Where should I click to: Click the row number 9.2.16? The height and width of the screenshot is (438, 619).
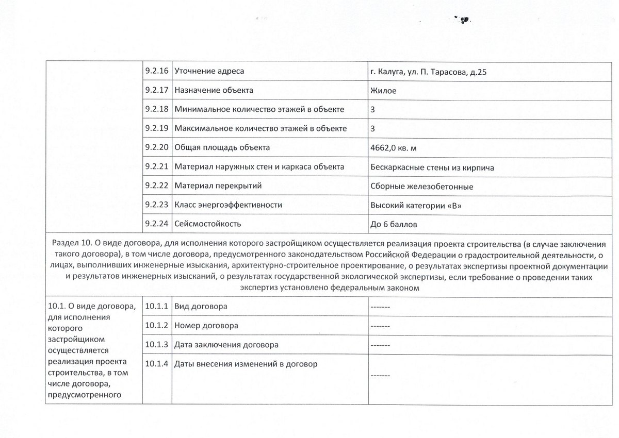pos(157,71)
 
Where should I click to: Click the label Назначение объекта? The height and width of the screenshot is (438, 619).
pos(214,90)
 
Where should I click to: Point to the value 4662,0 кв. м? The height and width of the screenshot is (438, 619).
pos(394,148)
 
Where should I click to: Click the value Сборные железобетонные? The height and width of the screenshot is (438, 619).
pos(421,186)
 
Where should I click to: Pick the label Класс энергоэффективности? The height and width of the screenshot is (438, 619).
pos(229,205)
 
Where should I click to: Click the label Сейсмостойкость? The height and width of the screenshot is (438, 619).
pos(208,224)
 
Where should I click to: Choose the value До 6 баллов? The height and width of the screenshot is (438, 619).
pos(395,224)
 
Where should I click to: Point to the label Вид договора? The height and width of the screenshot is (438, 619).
pos(201,307)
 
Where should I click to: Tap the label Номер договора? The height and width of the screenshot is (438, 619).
pos(206,326)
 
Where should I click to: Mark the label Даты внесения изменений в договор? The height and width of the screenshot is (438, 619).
pos(246,364)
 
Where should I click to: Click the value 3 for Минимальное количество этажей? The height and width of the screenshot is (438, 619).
pos(372,109)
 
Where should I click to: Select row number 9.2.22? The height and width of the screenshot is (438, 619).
pos(157,186)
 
